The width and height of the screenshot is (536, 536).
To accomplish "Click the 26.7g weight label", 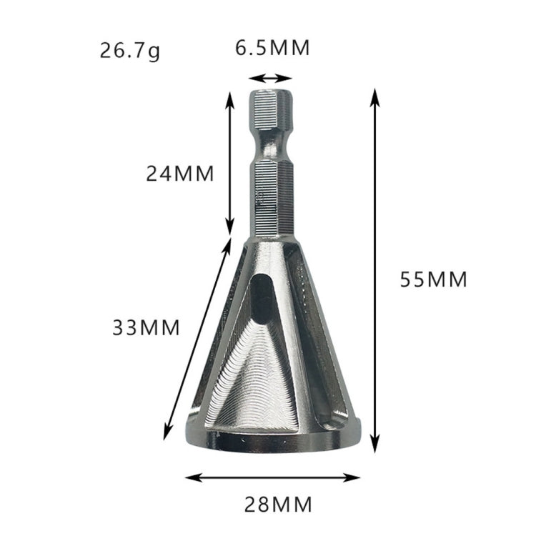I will click(131, 51).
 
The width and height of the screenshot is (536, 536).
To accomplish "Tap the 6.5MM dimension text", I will click(272, 48).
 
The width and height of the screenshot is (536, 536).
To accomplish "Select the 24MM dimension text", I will click(180, 174).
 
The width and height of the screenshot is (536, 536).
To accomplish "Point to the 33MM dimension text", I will click(146, 327).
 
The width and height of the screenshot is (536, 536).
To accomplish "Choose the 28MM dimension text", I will click(277, 505).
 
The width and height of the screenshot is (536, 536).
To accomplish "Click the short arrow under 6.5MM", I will click(272, 79).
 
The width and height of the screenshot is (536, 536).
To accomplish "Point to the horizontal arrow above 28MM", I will click(273, 477).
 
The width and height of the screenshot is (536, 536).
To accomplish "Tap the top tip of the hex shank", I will click(271, 94).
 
